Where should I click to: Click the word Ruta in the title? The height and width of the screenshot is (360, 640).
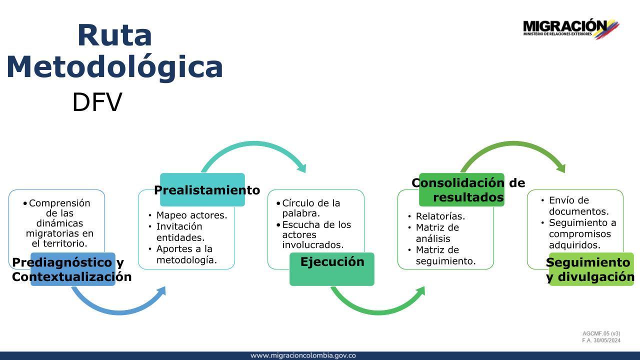pos(114,35)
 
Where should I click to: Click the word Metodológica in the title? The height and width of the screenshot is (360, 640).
pos(114,67)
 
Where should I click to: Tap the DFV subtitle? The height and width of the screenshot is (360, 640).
pos(97,102)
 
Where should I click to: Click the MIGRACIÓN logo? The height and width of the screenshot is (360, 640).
pos(571,28)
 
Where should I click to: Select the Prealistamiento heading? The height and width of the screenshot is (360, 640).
pos(207,190)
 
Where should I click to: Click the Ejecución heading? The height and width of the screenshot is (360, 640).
pos(332,261)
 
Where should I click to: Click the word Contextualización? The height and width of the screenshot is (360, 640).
pos(71,277)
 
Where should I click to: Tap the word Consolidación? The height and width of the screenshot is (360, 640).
pos(458,183)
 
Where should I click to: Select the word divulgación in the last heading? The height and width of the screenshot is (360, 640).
pos(596,277)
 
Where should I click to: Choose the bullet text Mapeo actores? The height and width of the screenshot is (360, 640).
pos(191,215)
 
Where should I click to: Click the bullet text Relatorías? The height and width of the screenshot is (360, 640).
pos(440,216)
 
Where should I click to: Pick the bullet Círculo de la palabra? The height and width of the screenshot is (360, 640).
pos(311,208)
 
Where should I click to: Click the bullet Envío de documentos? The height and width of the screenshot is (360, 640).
pos(579,205)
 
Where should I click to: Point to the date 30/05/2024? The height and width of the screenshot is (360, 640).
pos(607,340)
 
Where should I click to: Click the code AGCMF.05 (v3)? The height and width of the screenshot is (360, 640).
pos(601,333)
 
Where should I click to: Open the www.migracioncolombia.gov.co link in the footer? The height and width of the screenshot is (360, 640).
pos(303,355)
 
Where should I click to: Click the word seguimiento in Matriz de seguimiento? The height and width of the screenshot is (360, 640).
pos(445,261)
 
